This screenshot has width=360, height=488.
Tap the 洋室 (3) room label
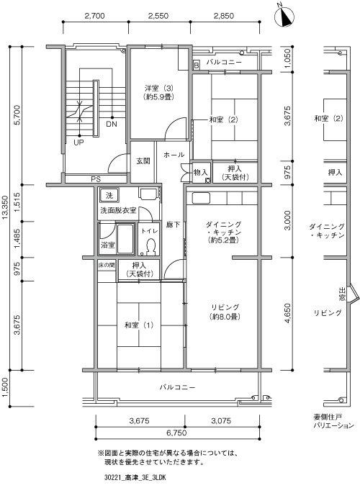pyautogui.click(x=159, y=92)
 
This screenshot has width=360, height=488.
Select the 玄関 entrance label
pyautogui.click(x=143, y=161)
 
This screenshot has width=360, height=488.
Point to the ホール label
pyautogui.click(x=174, y=155)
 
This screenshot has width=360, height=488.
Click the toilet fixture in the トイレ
pyautogui.click(x=151, y=246)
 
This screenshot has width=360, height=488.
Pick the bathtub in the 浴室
pyautogui.click(x=125, y=238)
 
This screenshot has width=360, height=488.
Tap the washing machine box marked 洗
pyautogui.click(x=109, y=196)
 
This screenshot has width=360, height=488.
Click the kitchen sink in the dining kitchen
pyautogui.click(x=201, y=198)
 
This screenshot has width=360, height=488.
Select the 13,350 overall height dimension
pyautogui.click(x=5, y=207)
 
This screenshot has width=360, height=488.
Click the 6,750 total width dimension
pyautogui.click(x=176, y=433)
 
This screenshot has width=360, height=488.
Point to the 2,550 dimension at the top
pyautogui.click(x=158, y=16)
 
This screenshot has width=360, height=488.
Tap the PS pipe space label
pyautogui.click(x=96, y=179)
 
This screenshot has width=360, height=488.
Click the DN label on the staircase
pyautogui.click(x=112, y=125)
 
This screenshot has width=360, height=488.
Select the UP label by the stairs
pyautogui.click(x=78, y=143)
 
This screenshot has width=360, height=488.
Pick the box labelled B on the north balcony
pyautogui.click(x=196, y=65)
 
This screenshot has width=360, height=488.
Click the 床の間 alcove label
pyautogui.click(x=107, y=266)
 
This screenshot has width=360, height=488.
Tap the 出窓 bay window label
pyautogui.click(x=342, y=294)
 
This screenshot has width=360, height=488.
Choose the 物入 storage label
pyautogui.click(x=201, y=172)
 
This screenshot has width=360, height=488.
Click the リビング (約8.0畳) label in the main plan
pyautogui.click(x=225, y=312)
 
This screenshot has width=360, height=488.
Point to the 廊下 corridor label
pyautogui.click(x=173, y=225)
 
